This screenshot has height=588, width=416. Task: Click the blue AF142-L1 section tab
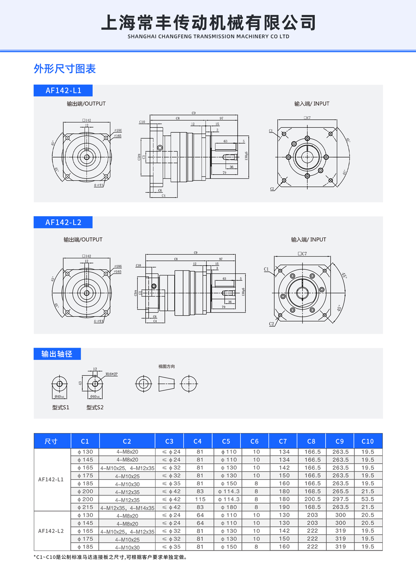pyautogui.click(x=63, y=90)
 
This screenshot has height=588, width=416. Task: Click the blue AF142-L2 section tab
pyautogui.click(x=63, y=222)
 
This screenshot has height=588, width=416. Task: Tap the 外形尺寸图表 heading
pyautogui.click(x=65, y=69)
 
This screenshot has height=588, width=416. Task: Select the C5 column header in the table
pyautogui.click(x=226, y=441)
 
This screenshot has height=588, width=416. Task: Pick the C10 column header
pyautogui.click(x=368, y=441)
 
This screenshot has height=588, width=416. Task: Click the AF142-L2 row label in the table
pyautogui.click(x=51, y=531)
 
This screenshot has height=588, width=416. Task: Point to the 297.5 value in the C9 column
pyautogui.click(x=340, y=499)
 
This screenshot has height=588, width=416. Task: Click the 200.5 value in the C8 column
pyautogui.click(x=312, y=499)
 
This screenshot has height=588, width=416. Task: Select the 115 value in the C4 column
pyautogui.click(x=200, y=499)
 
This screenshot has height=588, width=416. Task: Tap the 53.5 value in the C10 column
pyautogui.click(x=368, y=499)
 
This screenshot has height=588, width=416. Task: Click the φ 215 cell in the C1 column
pyautogui.click(x=85, y=507)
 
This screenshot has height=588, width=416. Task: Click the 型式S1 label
pyautogui.click(x=61, y=407)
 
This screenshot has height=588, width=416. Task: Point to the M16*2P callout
pyautogui.click(x=112, y=374)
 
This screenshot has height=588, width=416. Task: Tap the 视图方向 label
pyautogui.click(x=166, y=367)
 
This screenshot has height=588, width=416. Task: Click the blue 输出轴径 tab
pyautogui.click(x=57, y=354)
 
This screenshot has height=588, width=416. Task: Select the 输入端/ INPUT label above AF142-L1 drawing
pyautogui.click(x=312, y=104)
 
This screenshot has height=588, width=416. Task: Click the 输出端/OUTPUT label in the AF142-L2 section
pyautogui.click(x=83, y=240)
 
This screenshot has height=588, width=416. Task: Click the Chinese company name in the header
pyautogui.click(x=208, y=23)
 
